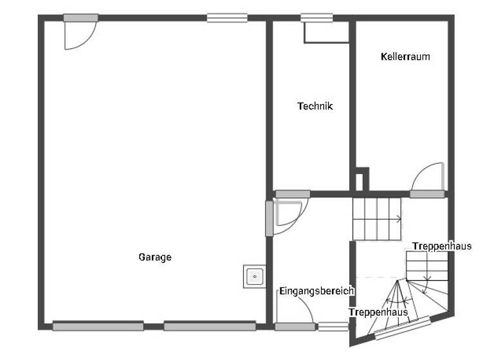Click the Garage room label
[155, 257]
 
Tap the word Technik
[315, 107]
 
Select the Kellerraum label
[405, 57]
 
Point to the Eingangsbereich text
[316, 291]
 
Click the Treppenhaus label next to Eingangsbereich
[378, 312]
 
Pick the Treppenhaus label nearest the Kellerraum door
[442, 246]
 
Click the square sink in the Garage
[255, 276]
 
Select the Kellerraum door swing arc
[426, 177]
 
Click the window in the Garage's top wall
[227, 18]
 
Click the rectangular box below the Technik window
[326, 32]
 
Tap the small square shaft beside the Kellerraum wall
[362, 180]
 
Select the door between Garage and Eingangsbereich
[270, 219]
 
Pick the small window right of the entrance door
[333, 327]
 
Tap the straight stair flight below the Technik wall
[376, 219]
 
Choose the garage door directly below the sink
[210, 327]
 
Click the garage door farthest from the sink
[98, 327]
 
